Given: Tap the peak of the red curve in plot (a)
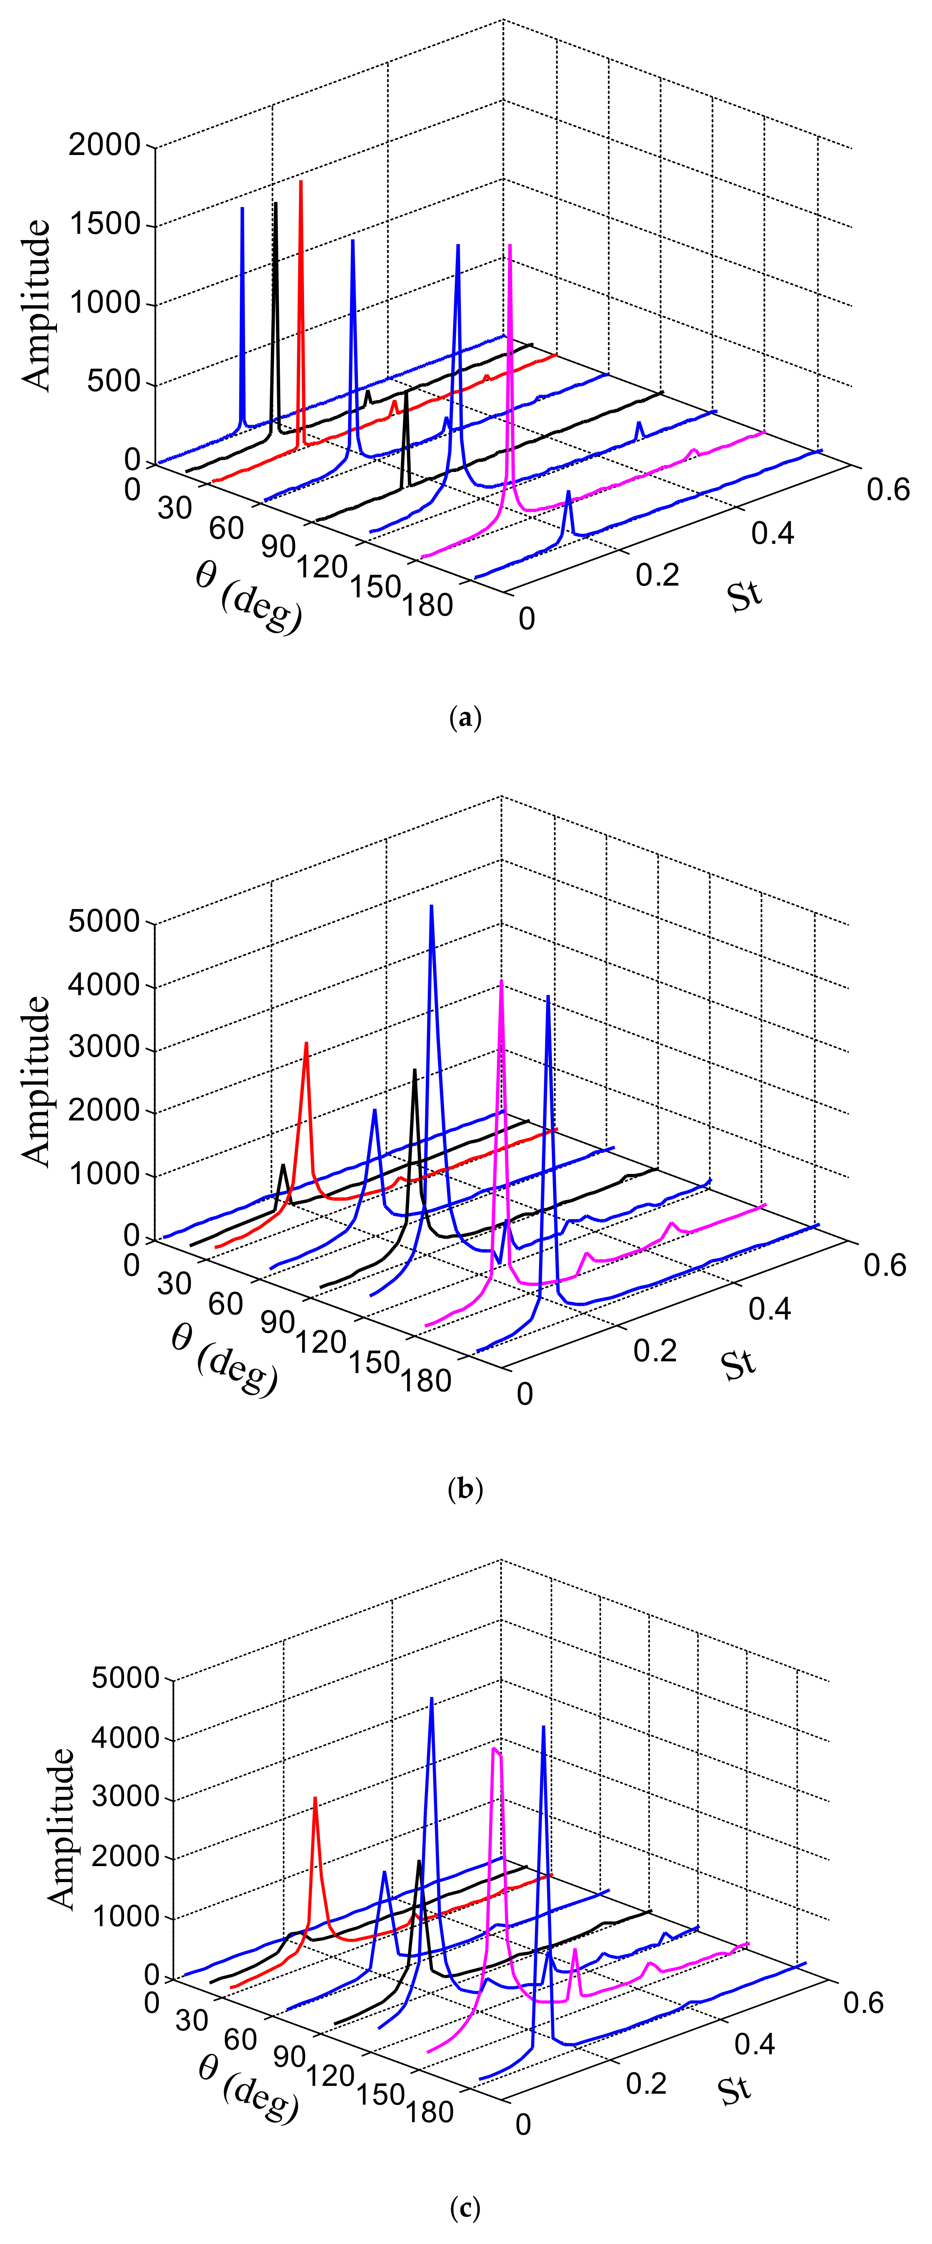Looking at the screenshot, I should [x=301, y=182].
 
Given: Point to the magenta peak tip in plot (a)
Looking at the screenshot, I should [x=510, y=246].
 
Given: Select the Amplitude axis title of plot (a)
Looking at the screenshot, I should [x=37, y=305].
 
